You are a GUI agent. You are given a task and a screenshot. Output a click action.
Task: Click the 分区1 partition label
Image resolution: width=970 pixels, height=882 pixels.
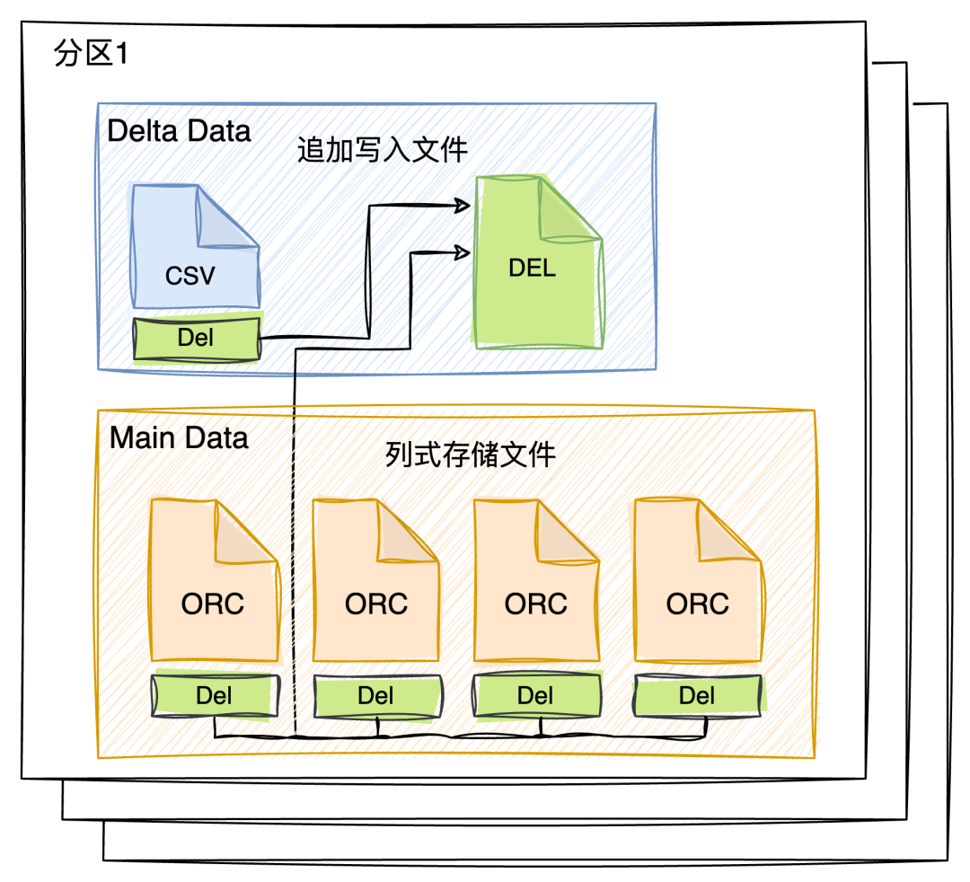(x=92, y=55)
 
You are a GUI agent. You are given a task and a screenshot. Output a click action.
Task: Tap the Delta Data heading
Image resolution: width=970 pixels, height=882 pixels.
(x=179, y=131)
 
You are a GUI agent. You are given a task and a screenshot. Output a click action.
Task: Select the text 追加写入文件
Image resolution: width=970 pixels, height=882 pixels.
(x=383, y=149)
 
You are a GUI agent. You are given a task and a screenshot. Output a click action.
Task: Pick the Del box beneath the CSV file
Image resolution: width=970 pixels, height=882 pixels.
(x=196, y=339)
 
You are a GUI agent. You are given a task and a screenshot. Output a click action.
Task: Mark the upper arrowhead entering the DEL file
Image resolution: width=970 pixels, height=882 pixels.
(x=463, y=206)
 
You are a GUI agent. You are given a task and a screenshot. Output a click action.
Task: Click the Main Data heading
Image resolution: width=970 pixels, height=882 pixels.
(x=179, y=438)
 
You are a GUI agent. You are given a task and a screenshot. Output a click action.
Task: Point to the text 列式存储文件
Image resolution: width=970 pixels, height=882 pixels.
(x=471, y=454)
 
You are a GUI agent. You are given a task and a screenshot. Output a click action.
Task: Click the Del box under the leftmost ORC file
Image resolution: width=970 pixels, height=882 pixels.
(x=213, y=695)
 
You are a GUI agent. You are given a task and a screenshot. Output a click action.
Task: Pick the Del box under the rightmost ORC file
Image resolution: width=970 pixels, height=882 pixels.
(x=697, y=695)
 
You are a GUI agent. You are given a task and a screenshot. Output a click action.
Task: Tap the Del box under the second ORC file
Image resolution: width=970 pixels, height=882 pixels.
(x=376, y=695)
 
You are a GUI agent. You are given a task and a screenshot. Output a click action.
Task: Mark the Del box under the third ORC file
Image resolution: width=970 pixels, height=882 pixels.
(x=536, y=695)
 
